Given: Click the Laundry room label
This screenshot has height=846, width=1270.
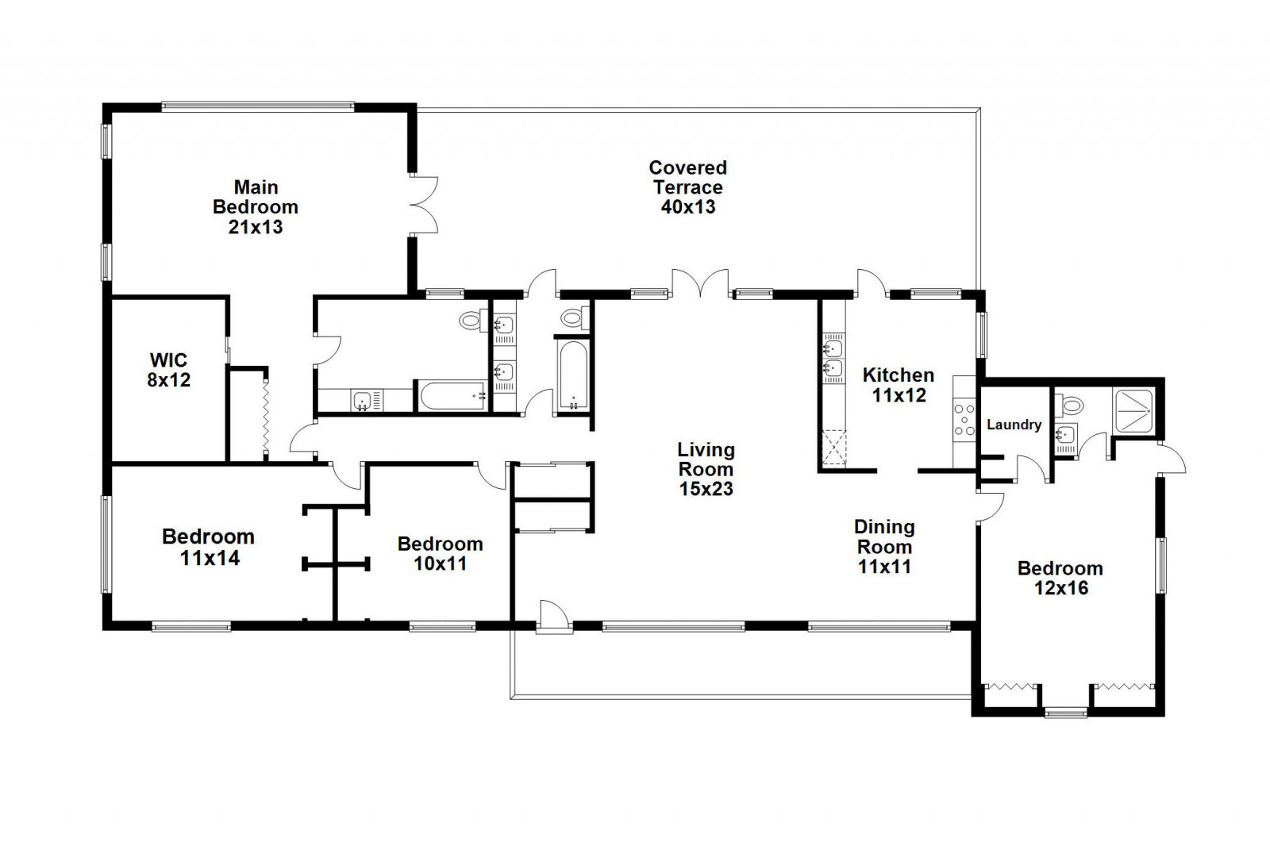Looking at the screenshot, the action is tap(1014, 425).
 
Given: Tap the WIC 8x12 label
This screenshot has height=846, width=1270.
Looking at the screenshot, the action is tap(168, 370).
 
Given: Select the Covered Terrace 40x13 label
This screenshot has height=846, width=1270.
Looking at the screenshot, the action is tap(687, 187).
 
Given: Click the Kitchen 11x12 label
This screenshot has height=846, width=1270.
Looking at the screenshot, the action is tap(898, 385).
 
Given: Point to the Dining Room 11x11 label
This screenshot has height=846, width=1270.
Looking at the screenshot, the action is tap(884, 547).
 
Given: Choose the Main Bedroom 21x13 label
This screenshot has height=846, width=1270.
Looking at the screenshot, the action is tap(255, 207).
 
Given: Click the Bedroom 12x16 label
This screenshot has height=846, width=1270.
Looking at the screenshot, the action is tap(1060, 578).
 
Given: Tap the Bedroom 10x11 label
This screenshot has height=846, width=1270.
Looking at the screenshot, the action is tap(440, 553).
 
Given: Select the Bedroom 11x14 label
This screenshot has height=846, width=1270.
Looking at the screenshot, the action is tap(208, 547).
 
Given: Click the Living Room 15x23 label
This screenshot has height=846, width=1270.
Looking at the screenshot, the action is tap(706, 470).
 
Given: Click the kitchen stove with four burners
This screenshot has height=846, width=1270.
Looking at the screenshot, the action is tap(964, 420).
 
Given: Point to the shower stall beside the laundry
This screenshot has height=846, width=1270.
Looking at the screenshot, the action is tap(1133, 410).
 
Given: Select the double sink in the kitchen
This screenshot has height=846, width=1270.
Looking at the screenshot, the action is tap(833, 357).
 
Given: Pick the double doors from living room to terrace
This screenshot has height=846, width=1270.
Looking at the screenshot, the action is tap(700, 283).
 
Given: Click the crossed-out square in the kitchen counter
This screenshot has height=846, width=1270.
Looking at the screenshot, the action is tap(834, 448).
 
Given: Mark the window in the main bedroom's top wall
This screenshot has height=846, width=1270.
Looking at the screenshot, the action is tap(258, 106).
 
